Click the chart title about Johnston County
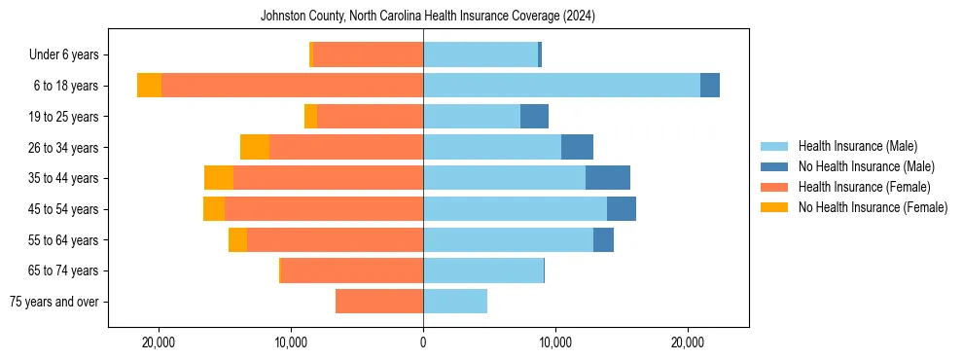tap(428, 17)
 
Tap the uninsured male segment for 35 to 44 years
tap(608, 178)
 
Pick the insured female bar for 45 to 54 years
tap(323, 209)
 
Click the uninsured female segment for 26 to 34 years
tap(255, 147)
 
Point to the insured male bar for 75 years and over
tap(455, 302)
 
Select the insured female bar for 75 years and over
tap(379, 302)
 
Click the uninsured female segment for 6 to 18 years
tap(149, 86)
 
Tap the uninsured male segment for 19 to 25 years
tap(534, 117)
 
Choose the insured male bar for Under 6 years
tap(481, 54)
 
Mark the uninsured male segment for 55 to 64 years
tap(603, 239)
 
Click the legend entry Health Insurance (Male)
tap(857, 146)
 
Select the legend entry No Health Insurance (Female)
tap(873, 207)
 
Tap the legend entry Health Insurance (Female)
tap(864, 187)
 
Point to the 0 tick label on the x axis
tap(423, 342)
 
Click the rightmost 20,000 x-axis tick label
tap(688, 342)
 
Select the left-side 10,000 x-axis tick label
tap(291, 342)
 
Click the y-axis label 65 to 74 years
tap(64, 270)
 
